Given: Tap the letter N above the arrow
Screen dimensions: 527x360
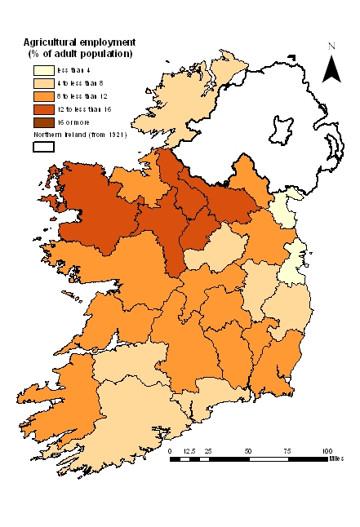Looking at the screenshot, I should click(x=331, y=46).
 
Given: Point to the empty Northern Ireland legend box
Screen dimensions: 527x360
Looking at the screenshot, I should click(x=43, y=147).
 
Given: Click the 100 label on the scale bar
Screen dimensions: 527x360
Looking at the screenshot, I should click(x=327, y=451).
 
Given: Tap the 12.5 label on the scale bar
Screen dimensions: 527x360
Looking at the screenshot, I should click(x=189, y=451).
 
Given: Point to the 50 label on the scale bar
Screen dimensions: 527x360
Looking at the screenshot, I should click(x=248, y=451).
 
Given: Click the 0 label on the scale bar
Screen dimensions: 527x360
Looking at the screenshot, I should click(x=171, y=451).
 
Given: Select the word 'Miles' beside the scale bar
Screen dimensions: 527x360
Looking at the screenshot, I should click(x=339, y=459).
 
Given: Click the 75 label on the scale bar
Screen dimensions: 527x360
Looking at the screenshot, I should click(x=287, y=451).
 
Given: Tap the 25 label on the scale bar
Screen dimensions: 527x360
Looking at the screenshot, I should click(x=209, y=451).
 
